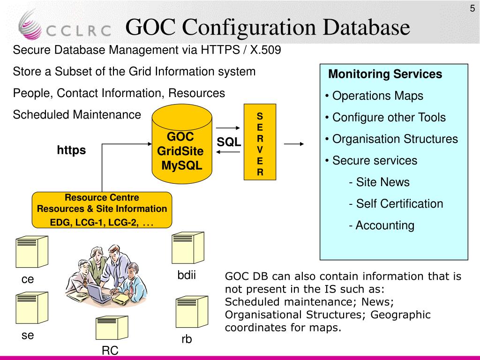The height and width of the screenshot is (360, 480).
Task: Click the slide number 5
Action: click(472, 8)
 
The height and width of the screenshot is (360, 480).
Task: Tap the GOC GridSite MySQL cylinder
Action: click(181, 145)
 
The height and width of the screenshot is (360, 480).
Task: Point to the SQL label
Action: click(229, 142)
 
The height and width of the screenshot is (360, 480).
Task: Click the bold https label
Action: click(72, 150)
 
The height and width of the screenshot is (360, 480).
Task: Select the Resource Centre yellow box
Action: click(102, 210)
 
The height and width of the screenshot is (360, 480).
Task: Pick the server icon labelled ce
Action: click(31, 253)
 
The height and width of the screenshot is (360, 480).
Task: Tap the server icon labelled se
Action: click(31, 308)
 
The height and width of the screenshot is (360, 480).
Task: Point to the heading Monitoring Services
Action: click(385, 74)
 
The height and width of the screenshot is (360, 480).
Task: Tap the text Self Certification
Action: click(399, 204)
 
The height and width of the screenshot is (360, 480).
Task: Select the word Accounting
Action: click(385, 225)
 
